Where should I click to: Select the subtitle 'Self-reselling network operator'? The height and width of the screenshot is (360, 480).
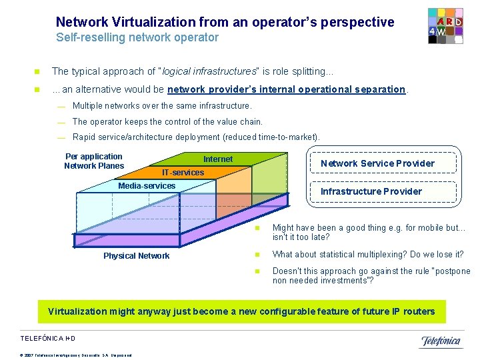tap(137, 37)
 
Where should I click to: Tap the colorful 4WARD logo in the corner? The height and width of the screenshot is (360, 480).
tap(445, 26)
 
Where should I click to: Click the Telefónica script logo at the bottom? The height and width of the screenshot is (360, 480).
tap(441, 341)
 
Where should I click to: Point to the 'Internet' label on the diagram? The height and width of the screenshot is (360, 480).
tap(218, 159)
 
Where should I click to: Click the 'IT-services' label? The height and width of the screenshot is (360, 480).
tap(183, 173)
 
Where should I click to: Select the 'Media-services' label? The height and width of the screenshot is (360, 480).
tap(147, 186)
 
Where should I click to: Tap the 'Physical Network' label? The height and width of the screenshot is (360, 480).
tap(136, 256)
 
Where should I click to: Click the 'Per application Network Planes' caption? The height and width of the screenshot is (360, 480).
tap(94, 161)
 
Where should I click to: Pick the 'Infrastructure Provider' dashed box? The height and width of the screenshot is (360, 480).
tap(371, 191)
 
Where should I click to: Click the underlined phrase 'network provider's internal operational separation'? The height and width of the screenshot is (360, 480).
tap(287, 89)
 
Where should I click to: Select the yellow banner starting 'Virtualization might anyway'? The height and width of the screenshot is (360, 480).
tap(241, 311)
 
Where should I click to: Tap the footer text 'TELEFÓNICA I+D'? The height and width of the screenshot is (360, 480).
tap(49, 338)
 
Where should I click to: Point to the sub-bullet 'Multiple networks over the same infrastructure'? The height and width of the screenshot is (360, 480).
tap(162, 106)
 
